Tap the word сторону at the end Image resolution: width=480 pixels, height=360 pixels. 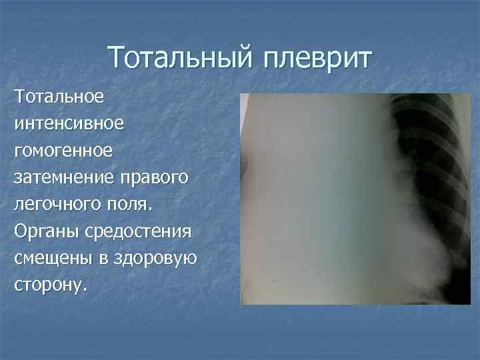coord(49,285)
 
